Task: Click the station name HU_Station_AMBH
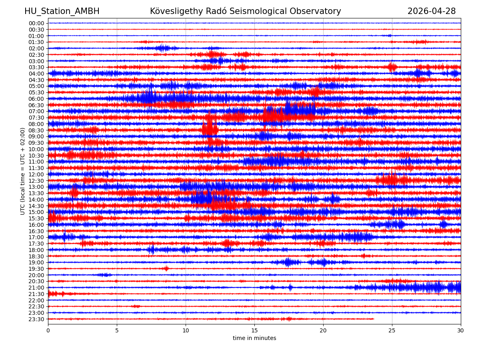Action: click(62, 12)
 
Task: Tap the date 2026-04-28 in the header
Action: click(432, 12)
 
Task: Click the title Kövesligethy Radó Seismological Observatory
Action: click(245, 12)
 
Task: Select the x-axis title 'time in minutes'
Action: click(254, 338)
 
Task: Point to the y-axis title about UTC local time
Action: click(23, 171)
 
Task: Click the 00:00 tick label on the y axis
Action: click(36, 23)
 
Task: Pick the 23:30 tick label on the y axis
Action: click(36, 319)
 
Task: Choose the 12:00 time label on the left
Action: click(36, 174)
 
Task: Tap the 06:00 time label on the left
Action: click(36, 99)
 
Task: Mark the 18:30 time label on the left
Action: click(36, 256)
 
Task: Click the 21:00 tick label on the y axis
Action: click(36, 288)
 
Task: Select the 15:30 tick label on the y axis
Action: click(36, 218)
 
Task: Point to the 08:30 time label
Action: click(36, 130)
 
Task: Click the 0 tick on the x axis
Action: click(48, 330)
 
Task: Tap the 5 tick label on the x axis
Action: click(117, 330)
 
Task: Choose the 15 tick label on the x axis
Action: click(254, 330)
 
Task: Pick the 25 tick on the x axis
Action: click(392, 330)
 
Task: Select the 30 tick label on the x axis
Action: click(461, 330)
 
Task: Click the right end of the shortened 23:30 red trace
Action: click(374, 319)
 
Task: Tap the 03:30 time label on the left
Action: click(36, 67)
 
